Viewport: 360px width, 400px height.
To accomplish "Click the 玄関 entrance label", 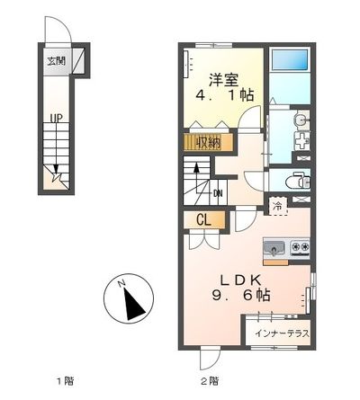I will tap(56, 62).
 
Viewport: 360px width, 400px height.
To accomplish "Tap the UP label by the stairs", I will tap(56, 118).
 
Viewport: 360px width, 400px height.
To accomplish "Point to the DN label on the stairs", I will tap(217, 191).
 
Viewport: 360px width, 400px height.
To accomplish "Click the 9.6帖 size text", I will tap(236, 294).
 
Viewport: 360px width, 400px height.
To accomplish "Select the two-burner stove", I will tap(298, 246).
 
